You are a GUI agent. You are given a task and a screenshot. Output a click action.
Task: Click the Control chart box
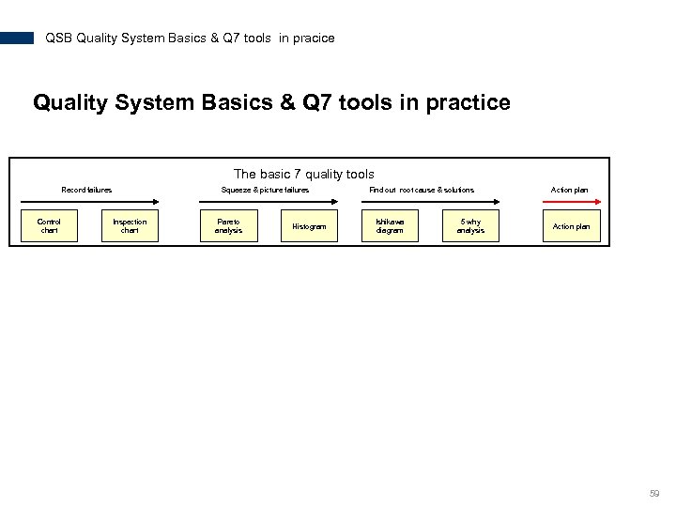coord(49,226)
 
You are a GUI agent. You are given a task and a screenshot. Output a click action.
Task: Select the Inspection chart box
coord(130,226)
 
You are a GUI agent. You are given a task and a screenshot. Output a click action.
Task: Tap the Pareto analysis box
coord(228,226)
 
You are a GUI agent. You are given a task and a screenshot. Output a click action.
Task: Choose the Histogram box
coord(309,226)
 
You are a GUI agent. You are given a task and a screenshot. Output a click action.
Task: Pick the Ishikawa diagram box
coord(390,226)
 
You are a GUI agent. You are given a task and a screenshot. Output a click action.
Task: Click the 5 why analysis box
coord(470,226)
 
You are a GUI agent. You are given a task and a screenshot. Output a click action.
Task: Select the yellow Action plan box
coord(571,226)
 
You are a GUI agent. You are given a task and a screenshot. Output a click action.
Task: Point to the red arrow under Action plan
coord(571,200)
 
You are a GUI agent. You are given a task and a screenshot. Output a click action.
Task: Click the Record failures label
coord(86,190)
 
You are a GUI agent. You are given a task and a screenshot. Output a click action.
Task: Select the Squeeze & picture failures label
coord(265,190)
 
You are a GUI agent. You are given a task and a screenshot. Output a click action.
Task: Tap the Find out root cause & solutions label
coord(422,190)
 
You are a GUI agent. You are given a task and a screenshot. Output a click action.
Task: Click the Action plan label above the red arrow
coord(569,190)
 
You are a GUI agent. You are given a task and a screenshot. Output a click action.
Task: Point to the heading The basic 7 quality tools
coord(303,174)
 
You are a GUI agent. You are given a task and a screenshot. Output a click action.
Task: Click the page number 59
coord(654,493)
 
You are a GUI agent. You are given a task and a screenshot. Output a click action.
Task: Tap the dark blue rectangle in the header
coord(17,38)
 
